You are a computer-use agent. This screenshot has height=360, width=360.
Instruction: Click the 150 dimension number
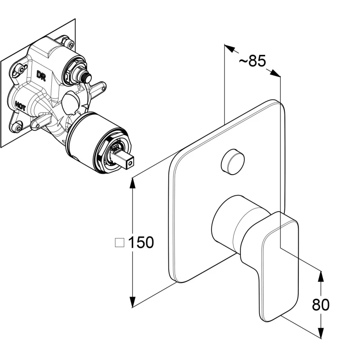(x=141, y=243)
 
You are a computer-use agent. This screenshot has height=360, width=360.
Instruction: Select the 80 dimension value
(x=320, y=305)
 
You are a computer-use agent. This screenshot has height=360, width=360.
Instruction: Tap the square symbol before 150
(x=120, y=243)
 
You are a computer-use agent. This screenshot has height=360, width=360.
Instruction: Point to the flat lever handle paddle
(x=278, y=265)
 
